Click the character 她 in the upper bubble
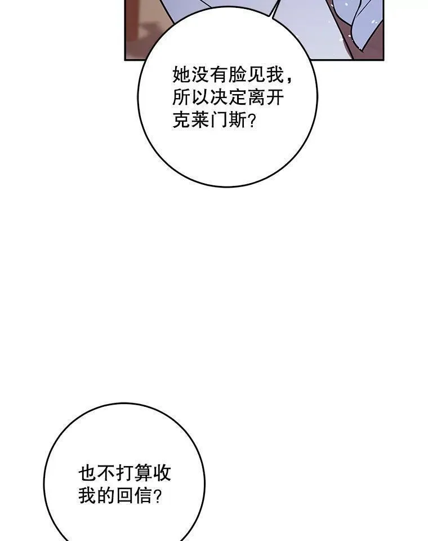click(181, 74)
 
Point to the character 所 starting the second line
click(181, 97)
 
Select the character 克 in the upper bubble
click(181, 120)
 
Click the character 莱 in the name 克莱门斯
click(200, 120)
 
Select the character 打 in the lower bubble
click(124, 472)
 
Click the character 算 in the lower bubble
click(143, 472)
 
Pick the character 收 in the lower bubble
click(162, 472)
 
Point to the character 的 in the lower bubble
click(106, 495)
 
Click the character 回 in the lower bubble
click(124, 495)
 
